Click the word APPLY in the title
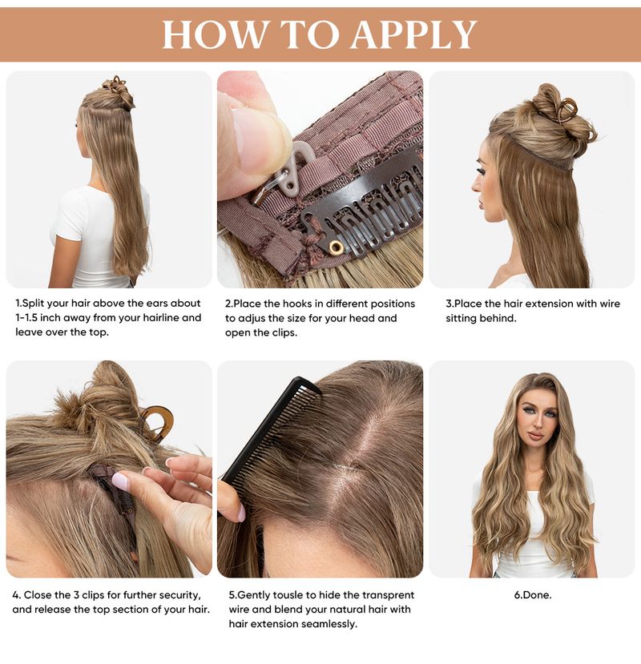pos(414,34)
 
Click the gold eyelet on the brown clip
pos(336,246)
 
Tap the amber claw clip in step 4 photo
pos(158,421)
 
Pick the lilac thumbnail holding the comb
pos(240,513)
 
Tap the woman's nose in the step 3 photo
pos(475,185)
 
